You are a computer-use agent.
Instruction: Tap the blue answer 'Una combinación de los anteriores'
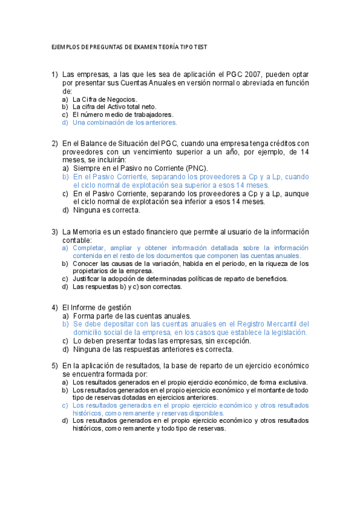click(x=124, y=122)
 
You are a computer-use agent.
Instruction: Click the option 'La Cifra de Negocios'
click(x=105, y=99)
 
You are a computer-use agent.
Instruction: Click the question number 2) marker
click(x=54, y=143)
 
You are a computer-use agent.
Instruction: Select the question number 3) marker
click(x=54, y=232)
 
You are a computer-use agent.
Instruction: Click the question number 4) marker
click(x=54, y=307)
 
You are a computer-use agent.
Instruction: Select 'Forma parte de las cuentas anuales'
click(x=132, y=316)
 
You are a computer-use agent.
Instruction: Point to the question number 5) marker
click(x=54, y=366)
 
